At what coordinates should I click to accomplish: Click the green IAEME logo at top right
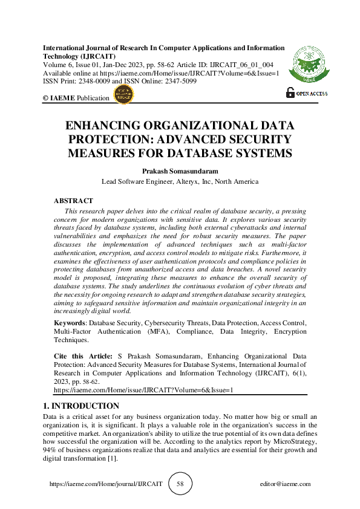point(310,65)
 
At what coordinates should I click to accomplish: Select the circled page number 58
point(180,484)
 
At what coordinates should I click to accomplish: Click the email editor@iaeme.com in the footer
point(284,484)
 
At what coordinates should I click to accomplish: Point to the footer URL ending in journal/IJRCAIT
point(105,484)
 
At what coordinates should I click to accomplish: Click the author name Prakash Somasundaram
point(180,170)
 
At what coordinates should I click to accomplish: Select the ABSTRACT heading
point(73,200)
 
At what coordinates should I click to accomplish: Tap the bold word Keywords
point(70,323)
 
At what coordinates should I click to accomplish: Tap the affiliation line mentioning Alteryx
point(180,181)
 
